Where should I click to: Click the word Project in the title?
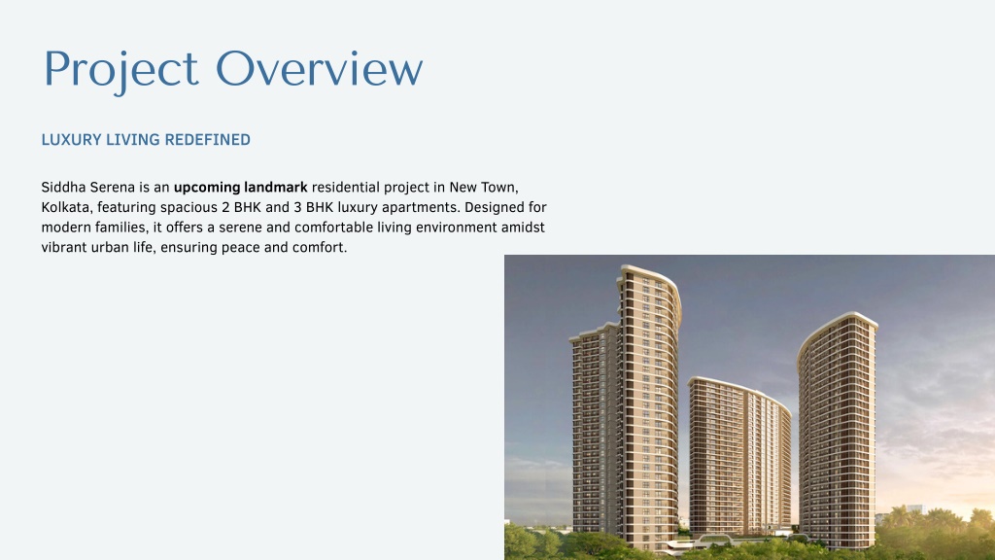click(x=121, y=70)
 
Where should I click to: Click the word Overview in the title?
click(x=319, y=68)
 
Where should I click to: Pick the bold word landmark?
click(x=276, y=188)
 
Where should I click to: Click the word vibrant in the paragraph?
click(x=64, y=247)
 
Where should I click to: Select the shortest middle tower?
click(x=739, y=454)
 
